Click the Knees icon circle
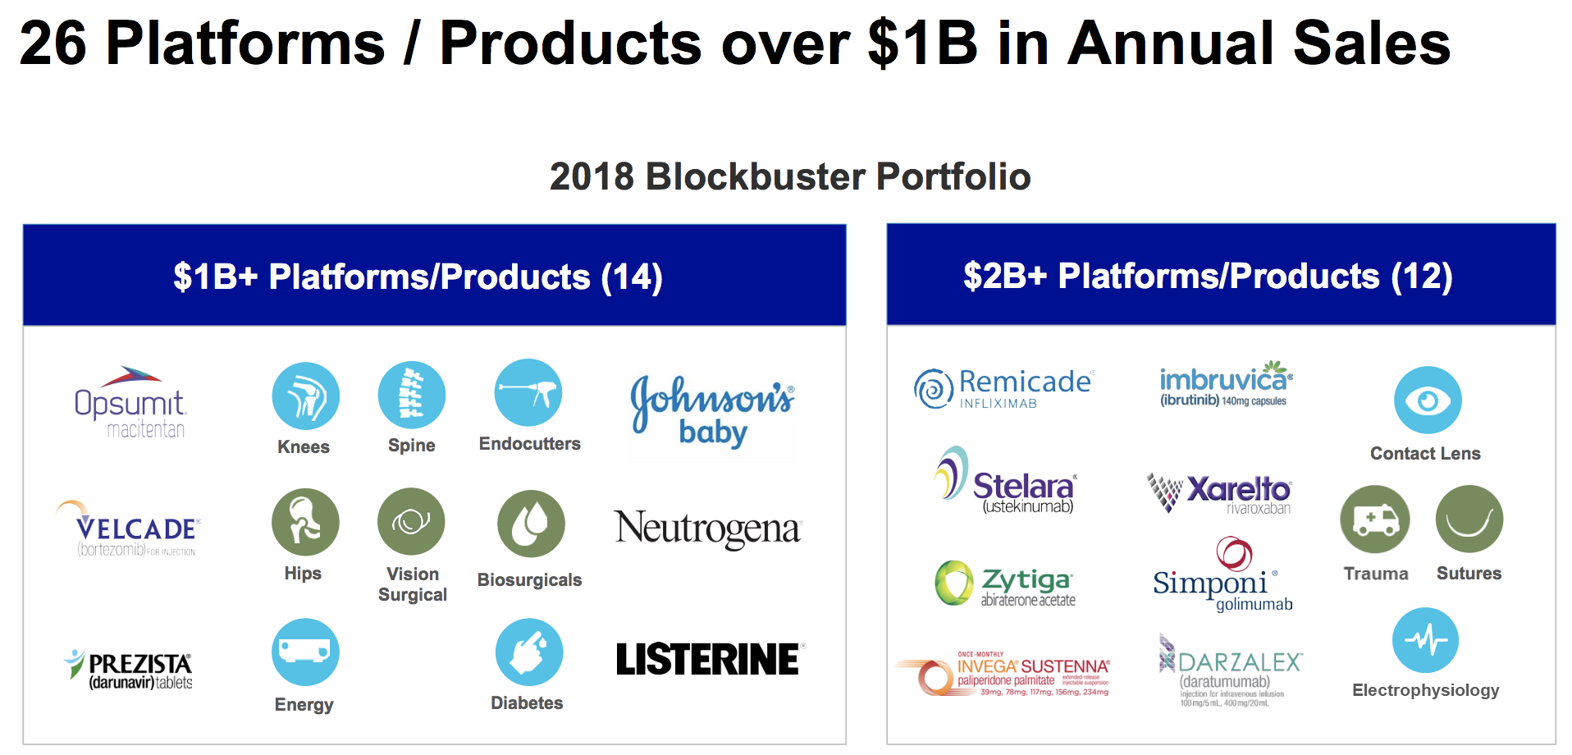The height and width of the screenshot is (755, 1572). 305,396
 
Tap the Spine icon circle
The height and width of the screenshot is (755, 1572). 411,395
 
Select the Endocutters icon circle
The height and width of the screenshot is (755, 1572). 528,392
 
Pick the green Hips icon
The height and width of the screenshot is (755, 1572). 305,522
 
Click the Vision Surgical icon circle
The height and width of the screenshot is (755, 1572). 411,521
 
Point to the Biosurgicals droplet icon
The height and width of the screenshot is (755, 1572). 531,524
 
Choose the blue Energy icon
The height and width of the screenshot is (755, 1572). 305,652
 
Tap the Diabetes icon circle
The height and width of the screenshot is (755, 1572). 529,652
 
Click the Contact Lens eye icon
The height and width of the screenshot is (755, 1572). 1428,400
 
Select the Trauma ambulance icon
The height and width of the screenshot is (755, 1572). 1375,519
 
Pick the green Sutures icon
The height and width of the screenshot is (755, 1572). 1469,519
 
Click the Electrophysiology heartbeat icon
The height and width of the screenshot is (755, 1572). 1425,640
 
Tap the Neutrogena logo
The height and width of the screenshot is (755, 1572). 707,528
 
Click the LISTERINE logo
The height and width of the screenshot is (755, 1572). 709,660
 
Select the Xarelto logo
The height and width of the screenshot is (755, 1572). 1220,493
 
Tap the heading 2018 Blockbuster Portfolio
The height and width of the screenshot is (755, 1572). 789,176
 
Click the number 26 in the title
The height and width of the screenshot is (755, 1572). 53,43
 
